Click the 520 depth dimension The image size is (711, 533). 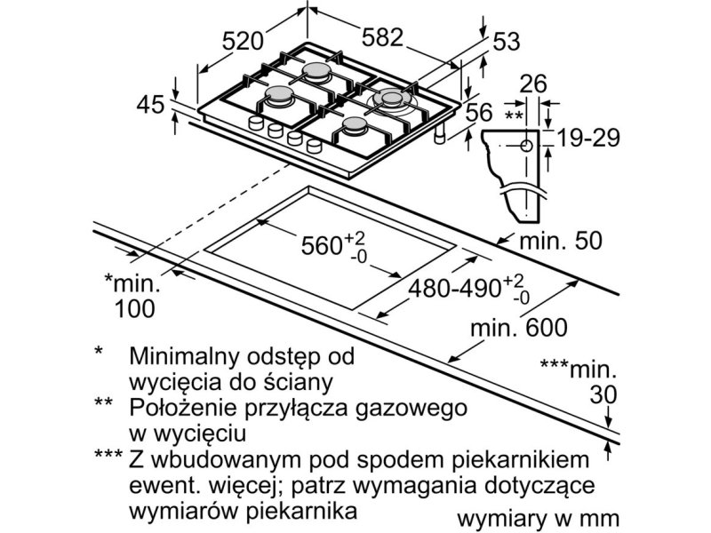click(x=243, y=41)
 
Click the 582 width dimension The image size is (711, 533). click(x=382, y=37)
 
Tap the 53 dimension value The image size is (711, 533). click(x=506, y=42)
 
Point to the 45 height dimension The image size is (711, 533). click(x=150, y=105)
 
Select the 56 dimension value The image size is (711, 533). click(x=479, y=112)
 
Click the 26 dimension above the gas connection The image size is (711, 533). click(x=533, y=84)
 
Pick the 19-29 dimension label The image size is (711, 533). click(x=587, y=138)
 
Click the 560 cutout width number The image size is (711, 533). click(x=322, y=246)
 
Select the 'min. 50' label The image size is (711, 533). click(x=561, y=240)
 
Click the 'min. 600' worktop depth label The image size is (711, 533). click(x=519, y=327)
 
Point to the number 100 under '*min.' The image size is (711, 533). click(x=135, y=308)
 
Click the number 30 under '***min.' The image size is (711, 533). click(x=603, y=394)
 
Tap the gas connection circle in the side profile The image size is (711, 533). click(x=526, y=146)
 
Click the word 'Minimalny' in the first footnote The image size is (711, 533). click(x=184, y=356)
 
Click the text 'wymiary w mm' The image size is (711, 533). click(x=538, y=518)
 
